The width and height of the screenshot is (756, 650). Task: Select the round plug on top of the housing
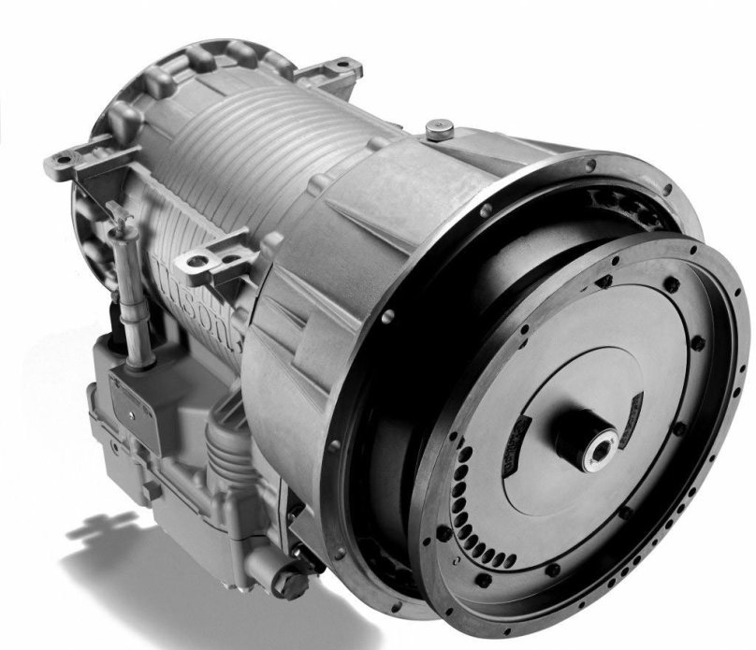[435, 127]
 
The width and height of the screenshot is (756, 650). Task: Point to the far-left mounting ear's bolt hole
[54, 167]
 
